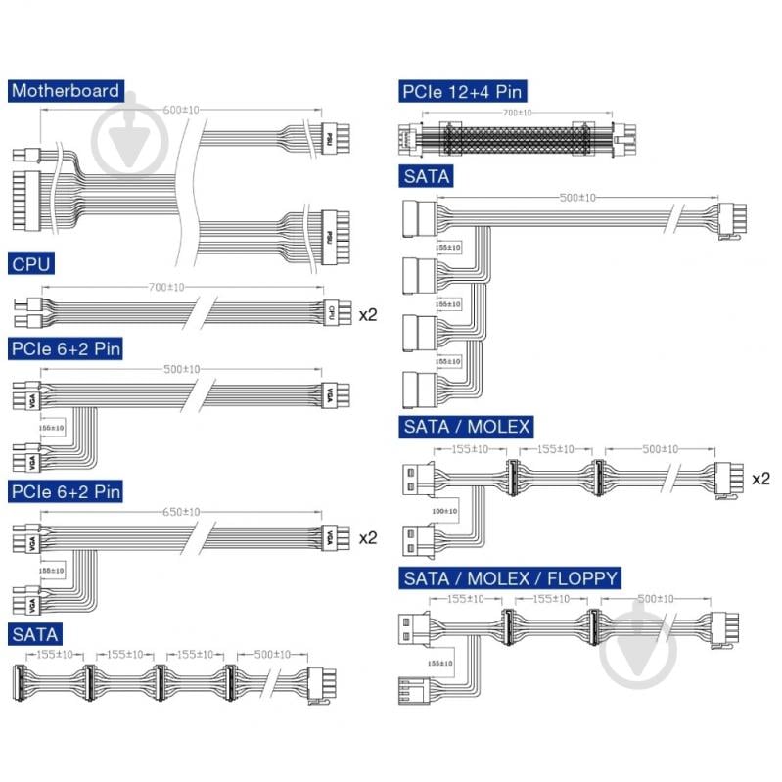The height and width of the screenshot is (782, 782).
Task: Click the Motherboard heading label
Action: (66, 91)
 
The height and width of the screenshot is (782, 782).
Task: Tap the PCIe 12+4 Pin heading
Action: (463, 92)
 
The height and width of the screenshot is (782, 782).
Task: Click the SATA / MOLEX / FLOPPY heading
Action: (511, 578)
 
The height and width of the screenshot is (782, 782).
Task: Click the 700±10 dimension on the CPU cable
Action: (180, 286)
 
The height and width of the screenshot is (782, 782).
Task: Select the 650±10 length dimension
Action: (180, 512)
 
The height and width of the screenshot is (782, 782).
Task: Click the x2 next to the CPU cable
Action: (368, 314)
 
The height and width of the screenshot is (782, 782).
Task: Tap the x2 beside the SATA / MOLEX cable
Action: (760, 479)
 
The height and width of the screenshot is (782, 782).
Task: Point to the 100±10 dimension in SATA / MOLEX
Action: (443, 512)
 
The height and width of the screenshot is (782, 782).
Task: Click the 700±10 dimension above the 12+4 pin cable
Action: (517, 114)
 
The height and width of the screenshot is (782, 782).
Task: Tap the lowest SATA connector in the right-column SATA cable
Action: (418, 385)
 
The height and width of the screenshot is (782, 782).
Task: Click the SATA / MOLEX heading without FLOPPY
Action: (467, 427)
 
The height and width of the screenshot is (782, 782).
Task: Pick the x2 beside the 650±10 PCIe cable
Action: (368, 538)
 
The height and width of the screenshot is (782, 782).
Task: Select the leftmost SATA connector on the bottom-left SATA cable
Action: (17, 678)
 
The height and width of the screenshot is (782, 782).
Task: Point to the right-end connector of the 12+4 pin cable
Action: (623, 135)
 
